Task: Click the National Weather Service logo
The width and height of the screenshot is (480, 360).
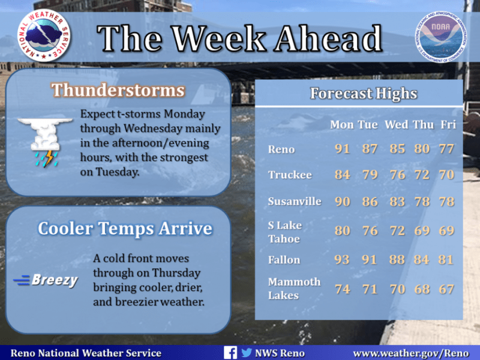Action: point(44,35)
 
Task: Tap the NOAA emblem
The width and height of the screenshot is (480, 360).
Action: point(441,37)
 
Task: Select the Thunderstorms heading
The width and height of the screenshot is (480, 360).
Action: point(118,90)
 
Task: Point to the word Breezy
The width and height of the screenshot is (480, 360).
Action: point(55,280)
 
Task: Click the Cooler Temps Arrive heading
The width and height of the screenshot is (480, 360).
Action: point(125,229)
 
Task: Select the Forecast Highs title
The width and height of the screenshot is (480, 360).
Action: point(364,94)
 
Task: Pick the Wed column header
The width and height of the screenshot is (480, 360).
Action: point(397,125)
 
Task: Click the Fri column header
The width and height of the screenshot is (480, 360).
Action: point(448,125)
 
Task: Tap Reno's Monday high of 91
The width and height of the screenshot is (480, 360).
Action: point(342,149)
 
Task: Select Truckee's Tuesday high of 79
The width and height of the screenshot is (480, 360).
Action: point(370,175)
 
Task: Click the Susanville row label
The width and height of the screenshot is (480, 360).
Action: point(295,202)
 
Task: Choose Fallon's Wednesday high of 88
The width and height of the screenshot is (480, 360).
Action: point(397,260)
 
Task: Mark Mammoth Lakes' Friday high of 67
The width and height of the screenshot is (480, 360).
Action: point(446,289)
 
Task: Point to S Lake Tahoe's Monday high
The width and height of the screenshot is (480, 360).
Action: point(342,230)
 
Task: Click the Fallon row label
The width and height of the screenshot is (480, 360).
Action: point(284,260)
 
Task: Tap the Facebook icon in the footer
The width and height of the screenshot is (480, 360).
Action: point(230,353)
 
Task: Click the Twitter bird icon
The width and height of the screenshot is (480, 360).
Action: point(247,353)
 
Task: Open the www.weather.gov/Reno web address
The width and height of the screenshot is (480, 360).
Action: point(411,353)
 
